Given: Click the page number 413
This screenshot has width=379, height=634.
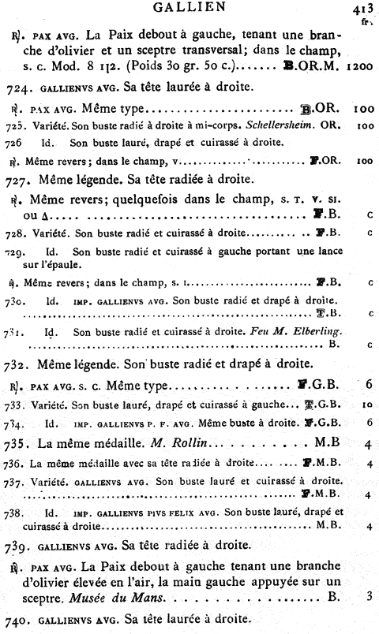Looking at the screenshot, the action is click(x=363, y=9).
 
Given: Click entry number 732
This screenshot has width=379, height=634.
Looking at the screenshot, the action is click(x=17, y=364).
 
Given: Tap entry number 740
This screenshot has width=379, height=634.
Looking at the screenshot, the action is click(x=17, y=621).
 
